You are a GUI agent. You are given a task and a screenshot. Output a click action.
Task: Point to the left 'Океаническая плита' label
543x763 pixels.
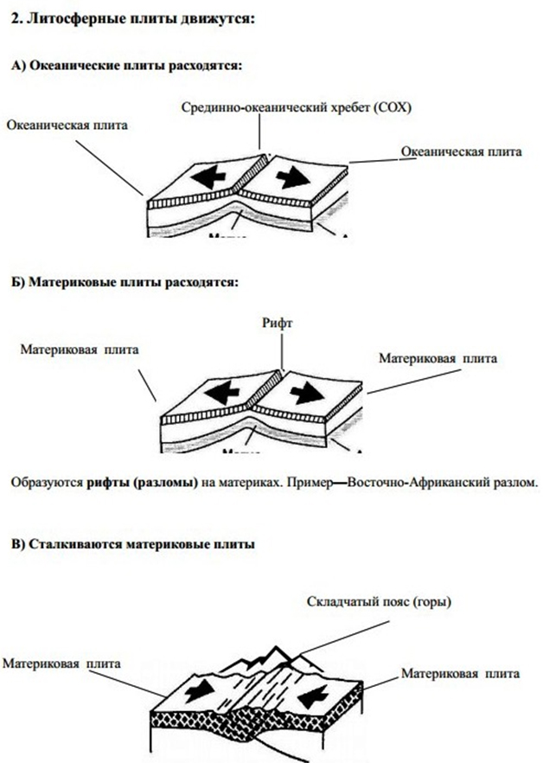67,125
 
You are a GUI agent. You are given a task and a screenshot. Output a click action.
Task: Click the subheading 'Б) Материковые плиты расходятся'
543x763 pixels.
125,282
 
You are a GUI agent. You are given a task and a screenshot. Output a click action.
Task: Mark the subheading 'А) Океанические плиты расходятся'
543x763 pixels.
126,66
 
